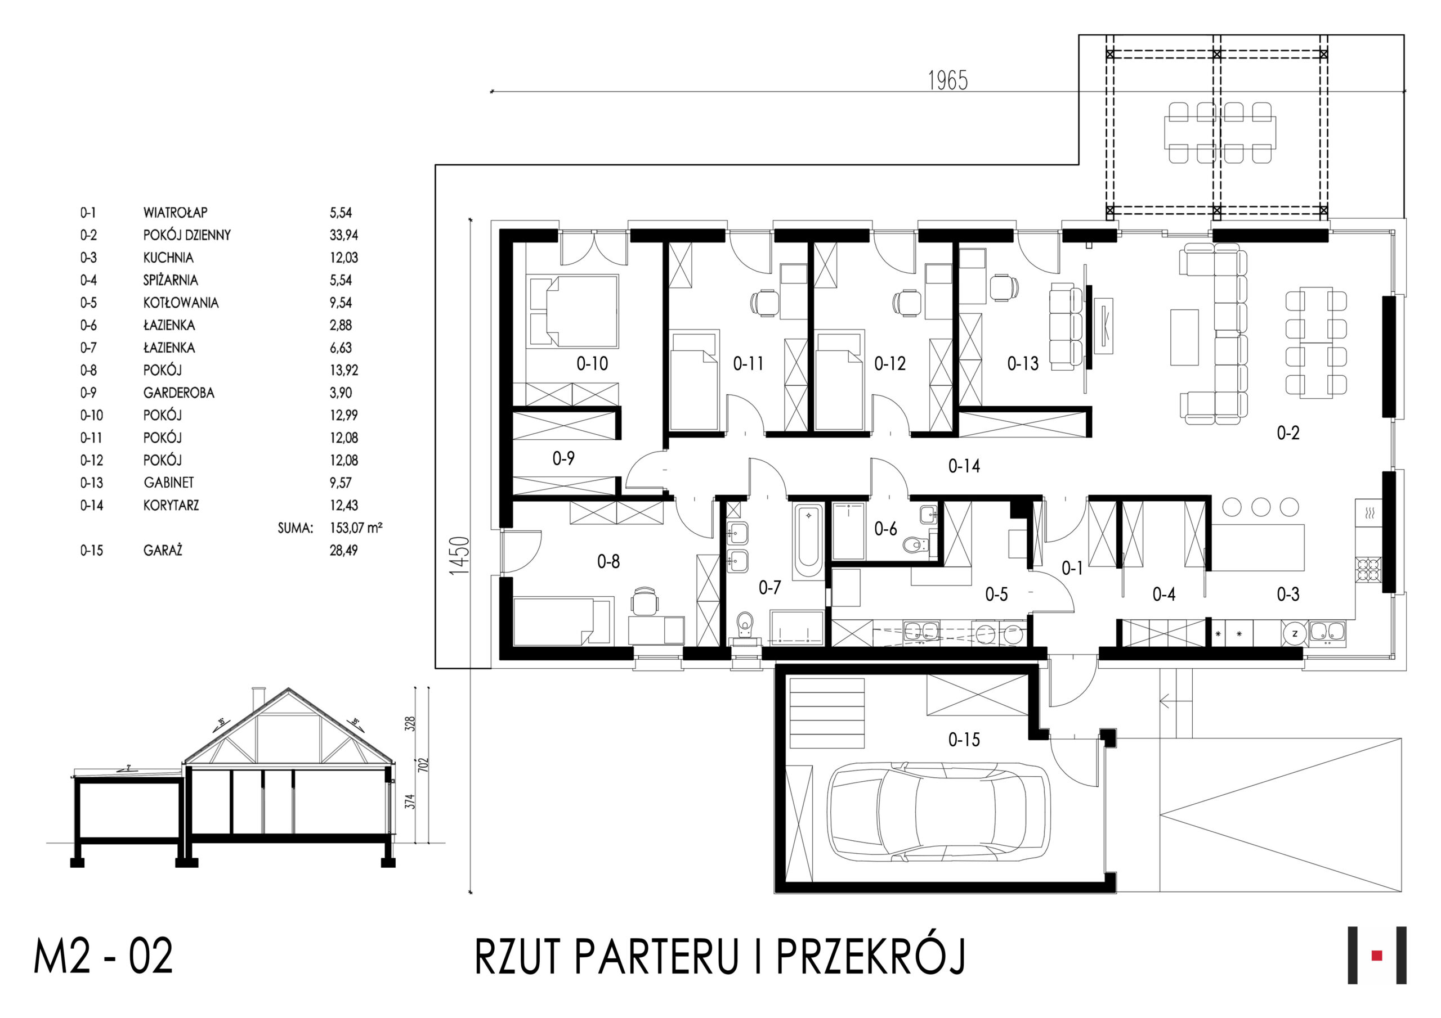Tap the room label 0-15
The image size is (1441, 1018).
pyautogui.click(x=964, y=740)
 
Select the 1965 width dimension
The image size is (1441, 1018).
pyautogui.click(x=948, y=80)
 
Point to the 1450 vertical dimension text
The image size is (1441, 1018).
pyautogui.click(x=459, y=556)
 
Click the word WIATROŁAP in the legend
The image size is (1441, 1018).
pyautogui.click(x=175, y=213)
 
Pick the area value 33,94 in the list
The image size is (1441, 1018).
pyautogui.click(x=344, y=235)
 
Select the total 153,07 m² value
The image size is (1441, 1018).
pyautogui.click(x=356, y=528)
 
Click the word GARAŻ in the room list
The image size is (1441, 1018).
pyautogui.click(x=163, y=551)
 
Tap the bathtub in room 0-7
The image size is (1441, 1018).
pyautogui.click(x=808, y=541)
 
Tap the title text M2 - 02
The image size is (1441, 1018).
pyautogui.click(x=104, y=957)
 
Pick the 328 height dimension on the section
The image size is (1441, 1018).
pyautogui.click(x=410, y=724)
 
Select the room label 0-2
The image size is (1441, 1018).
pyautogui.click(x=1288, y=433)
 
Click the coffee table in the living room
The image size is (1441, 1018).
pyautogui.click(x=1184, y=337)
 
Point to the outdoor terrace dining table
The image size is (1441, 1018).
pyautogui.click(x=1219, y=132)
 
